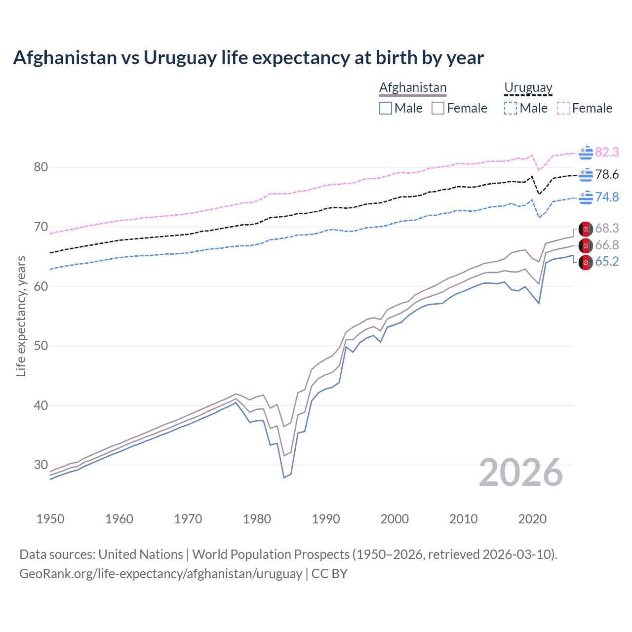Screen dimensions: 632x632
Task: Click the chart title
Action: pos(248,58)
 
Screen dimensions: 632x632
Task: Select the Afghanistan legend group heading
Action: pos(413,88)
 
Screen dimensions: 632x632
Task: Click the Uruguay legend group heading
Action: pos(528,88)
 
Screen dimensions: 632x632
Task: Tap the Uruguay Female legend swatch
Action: pos(563,108)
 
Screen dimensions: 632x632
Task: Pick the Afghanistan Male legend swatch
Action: pos(386,108)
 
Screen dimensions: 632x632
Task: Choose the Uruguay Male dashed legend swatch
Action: pos(511,108)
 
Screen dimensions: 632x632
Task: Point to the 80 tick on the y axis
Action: pos(41,167)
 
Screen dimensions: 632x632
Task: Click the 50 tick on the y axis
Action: pos(41,346)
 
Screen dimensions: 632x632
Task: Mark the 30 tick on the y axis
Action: pos(41,465)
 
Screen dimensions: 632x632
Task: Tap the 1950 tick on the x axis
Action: pos(50,519)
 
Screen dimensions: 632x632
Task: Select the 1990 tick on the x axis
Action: pos(326,519)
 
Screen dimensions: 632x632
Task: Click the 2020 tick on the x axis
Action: pos(532,519)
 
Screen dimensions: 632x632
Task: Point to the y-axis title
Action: pos(21,316)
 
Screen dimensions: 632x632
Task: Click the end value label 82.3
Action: pos(607,153)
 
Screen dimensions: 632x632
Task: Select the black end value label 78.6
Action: pos(607,175)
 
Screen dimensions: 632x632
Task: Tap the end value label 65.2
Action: pos(607,262)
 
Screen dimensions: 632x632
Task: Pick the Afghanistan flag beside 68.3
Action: pos(586,229)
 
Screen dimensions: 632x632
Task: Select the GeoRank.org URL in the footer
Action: pos(160,574)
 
